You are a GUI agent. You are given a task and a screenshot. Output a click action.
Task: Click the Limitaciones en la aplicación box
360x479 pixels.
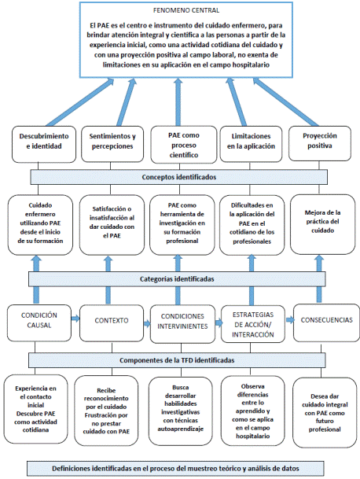(x=250, y=142)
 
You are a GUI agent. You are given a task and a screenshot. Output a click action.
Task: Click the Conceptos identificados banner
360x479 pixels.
(x=178, y=176)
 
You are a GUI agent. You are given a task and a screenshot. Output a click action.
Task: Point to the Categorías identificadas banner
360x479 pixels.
(x=179, y=278)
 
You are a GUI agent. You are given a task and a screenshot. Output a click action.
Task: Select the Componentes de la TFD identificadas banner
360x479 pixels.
(x=179, y=359)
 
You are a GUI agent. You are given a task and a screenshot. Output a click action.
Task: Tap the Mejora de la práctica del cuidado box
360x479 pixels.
(x=320, y=224)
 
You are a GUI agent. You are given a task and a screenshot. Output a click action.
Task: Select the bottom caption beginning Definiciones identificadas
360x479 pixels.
(x=179, y=467)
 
